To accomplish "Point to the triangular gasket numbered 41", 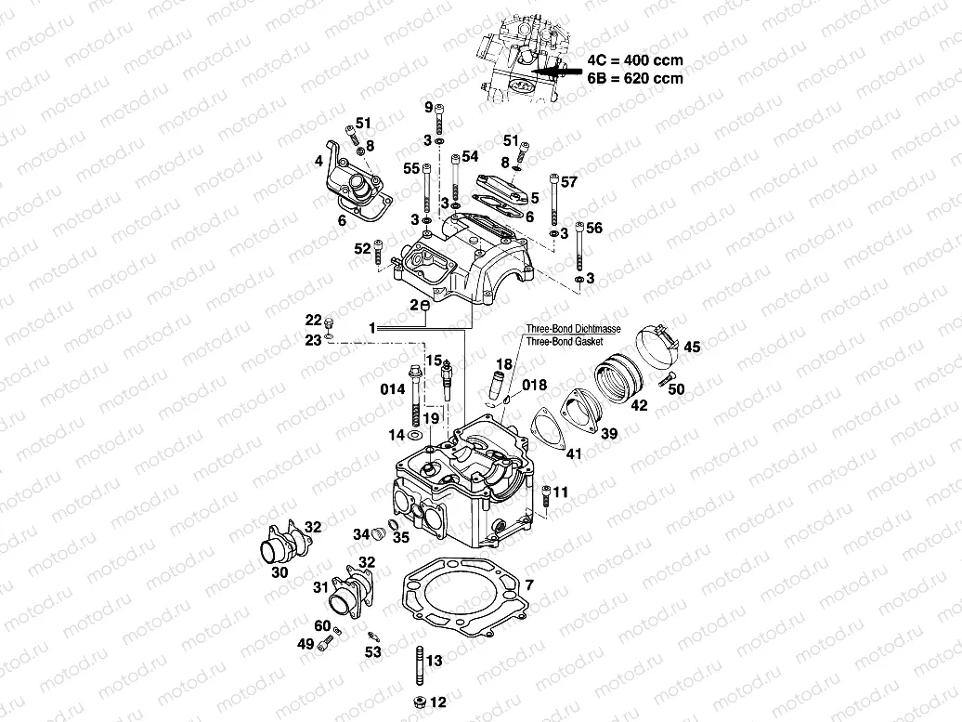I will click(550, 433).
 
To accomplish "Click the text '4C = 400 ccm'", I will click(634, 60).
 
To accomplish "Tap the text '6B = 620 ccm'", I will click(634, 79).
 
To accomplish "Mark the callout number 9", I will click(429, 109).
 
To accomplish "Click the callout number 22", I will click(315, 320).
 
